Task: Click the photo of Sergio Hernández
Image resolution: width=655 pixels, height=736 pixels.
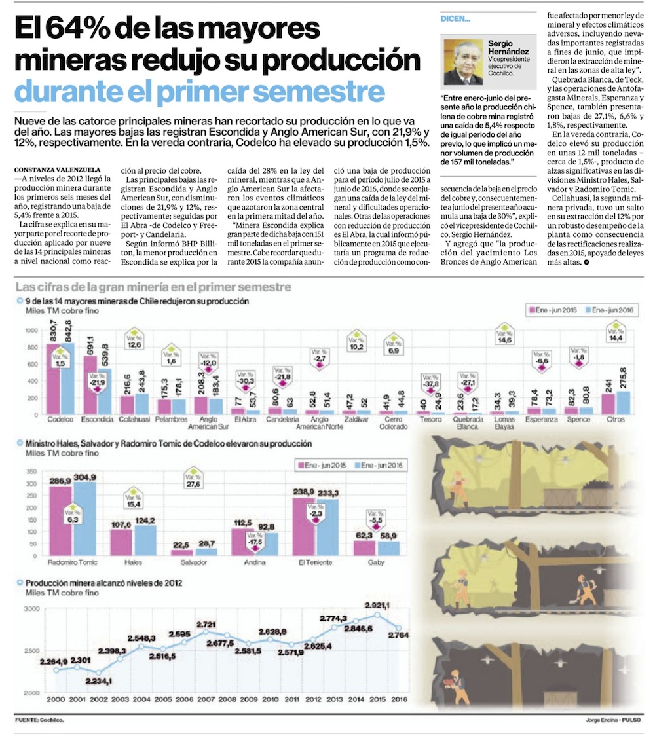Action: pyautogui.click(x=463, y=63)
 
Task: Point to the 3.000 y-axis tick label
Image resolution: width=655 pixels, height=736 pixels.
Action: pyautogui.click(x=33, y=609)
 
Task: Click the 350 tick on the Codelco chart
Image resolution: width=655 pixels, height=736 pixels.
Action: pyautogui.click(x=31, y=471)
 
